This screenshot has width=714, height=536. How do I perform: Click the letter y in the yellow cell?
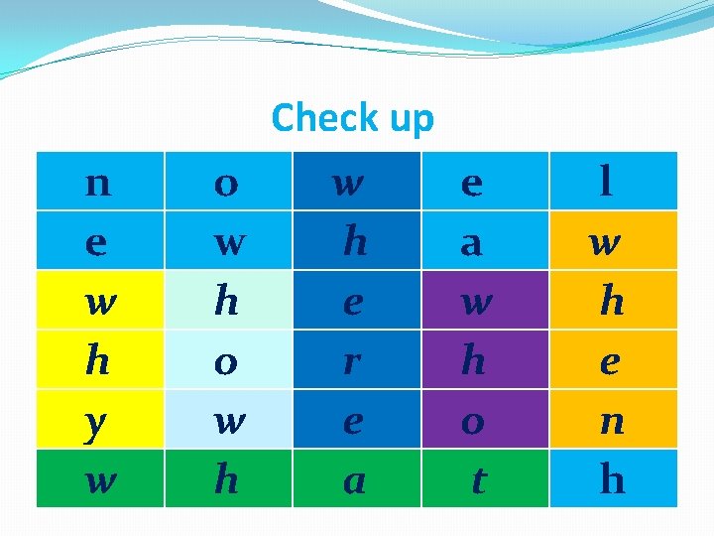pos(96,422)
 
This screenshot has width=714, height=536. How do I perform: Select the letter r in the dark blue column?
pos(351,362)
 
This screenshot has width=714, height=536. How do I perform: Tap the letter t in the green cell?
pos(478,481)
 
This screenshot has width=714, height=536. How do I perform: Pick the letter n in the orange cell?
pos(610,421)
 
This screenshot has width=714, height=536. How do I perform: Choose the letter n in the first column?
pos(97,184)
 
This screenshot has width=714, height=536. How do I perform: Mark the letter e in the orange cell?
pos(609,362)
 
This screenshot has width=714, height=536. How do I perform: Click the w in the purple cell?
pos(477,303)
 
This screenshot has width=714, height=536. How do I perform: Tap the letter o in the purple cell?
pos(473,421)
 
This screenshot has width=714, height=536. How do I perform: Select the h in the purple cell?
pos(473,361)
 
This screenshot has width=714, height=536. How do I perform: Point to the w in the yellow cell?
pos(97,303)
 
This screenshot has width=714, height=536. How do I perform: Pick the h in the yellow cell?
pos(97,361)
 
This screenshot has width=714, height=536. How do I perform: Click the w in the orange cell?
pos(602,243)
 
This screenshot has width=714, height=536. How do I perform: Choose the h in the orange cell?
pos(612,302)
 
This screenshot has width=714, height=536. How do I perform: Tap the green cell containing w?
pos(97,481)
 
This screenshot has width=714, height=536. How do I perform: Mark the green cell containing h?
pos(226,480)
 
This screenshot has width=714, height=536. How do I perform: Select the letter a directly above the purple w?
pos(472,243)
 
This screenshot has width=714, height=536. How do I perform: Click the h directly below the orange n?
pos(612,480)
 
